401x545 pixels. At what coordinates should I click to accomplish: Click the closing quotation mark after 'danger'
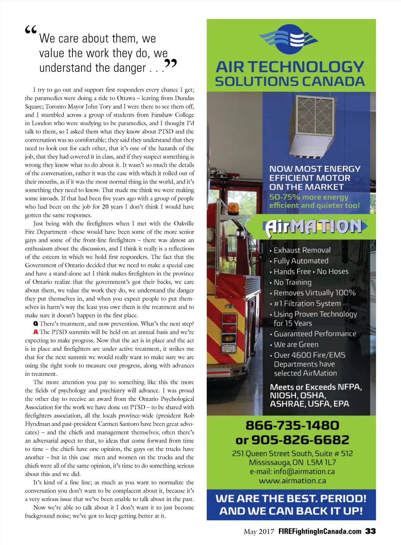[x=171, y=64]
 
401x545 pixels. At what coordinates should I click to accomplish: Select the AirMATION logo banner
[x=316, y=227]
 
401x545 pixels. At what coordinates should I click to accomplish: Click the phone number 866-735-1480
[x=292, y=426]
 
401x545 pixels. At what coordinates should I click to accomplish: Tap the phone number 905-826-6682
[x=300, y=440]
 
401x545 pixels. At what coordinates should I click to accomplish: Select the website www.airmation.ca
[x=292, y=481]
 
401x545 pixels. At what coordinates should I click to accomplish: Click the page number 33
[x=370, y=531]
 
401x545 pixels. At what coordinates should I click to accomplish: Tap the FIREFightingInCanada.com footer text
[x=320, y=531]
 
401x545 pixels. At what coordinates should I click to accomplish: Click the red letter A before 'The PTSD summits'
[x=36, y=332]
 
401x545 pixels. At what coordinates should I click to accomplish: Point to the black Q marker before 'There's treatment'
[x=36, y=324]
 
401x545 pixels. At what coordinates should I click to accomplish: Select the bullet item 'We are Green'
[x=296, y=345]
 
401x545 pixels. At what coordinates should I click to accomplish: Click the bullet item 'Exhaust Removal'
[x=302, y=250]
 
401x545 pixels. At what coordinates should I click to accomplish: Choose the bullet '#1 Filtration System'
[x=307, y=303]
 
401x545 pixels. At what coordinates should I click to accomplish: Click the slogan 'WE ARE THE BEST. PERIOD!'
[x=291, y=498]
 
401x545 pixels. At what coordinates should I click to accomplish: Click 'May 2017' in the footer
[x=259, y=531]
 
